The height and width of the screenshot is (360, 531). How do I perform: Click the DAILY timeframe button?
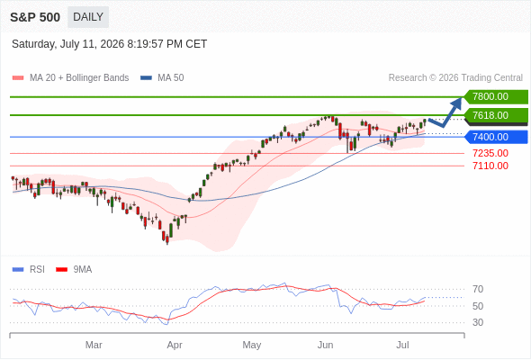pyautogui.click(x=88, y=17)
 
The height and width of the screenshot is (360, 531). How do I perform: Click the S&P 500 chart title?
pyautogui.click(x=35, y=17)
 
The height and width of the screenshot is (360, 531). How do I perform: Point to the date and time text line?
pyautogui.click(x=110, y=44)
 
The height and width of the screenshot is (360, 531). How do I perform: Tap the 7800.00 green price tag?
pyautogui.click(x=496, y=97)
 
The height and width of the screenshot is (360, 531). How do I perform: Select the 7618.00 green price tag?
pyautogui.click(x=496, y=115)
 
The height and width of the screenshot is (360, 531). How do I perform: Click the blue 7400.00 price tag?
pyautogui.click(x=496, y=137)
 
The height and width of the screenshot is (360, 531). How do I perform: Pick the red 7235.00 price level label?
pyautogui.click(x=490, y=153)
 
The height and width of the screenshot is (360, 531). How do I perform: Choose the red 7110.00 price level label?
pyautogui.click(x=490, y=166)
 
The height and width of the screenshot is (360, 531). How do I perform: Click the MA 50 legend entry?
pyautogui.click(x=162, y=78)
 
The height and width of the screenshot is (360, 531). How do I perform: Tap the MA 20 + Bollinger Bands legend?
pyautogui.click(x=70, y=78)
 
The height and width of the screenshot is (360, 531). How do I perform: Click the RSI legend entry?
pyautogui.click(x=29, y=270)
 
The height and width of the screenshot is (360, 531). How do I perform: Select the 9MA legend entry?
pyautogui.click(x=74, y=270)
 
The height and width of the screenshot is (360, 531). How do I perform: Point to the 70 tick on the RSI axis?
pyautogui.click(x=478, y=289)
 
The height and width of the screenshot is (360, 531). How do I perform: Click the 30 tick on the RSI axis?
pyautogui.click(x=478, y=322)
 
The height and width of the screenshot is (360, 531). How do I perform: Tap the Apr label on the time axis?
pyautogui.click(x=175, y=345)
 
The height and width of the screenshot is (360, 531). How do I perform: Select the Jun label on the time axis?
pyautogui.click(x=325, y=345)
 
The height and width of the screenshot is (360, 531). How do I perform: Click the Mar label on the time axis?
pyautogui.click(x=94, y=345)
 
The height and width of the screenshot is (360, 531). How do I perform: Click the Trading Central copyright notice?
pyautogui.click(x=455, y=78)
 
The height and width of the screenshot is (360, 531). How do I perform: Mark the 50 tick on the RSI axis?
pyautogui.click(x=478, y=306)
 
